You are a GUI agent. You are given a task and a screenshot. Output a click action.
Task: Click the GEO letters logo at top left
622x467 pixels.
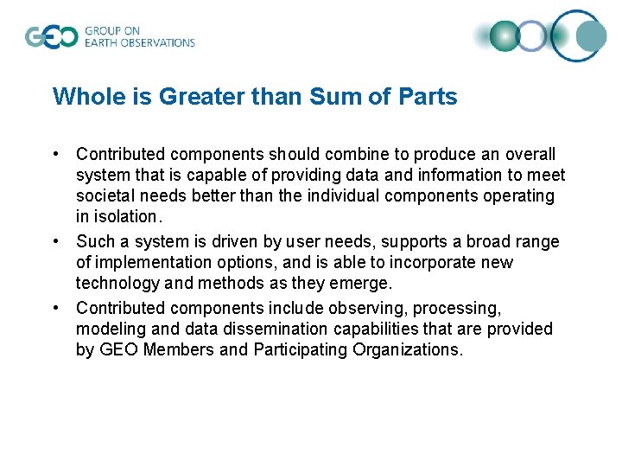[x=51, y=37]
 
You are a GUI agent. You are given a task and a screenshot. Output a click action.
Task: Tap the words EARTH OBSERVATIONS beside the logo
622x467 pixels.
[x=140, y=42]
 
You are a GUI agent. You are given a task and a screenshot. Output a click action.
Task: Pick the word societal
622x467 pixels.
[x=105, y=195]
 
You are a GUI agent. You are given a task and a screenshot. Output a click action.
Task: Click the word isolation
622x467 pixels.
[x=129, y=216]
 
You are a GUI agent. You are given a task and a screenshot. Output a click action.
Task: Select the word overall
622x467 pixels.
[x=530, y=154]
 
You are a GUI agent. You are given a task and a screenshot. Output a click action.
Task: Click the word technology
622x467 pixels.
[x=117, y=283]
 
